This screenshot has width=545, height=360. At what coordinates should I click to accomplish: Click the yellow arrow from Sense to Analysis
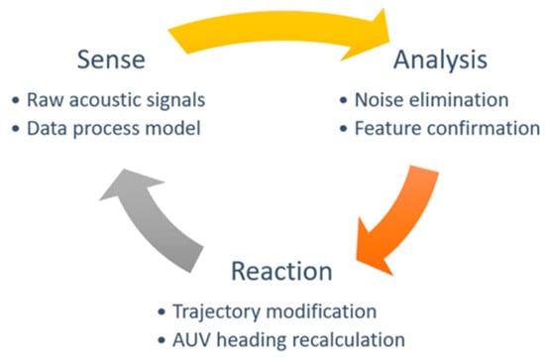278,27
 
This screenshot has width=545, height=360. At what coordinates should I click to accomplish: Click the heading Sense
111,60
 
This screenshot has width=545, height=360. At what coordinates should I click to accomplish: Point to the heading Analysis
440,60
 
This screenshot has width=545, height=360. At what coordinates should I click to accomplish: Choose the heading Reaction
281,272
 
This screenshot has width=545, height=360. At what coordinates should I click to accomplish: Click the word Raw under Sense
46,100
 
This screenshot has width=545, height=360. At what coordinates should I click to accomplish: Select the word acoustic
105,100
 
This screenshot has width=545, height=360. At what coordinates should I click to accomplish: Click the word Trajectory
216,312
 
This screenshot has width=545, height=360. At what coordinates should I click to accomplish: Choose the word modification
321,311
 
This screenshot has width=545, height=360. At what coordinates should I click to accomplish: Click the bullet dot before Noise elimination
344,100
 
